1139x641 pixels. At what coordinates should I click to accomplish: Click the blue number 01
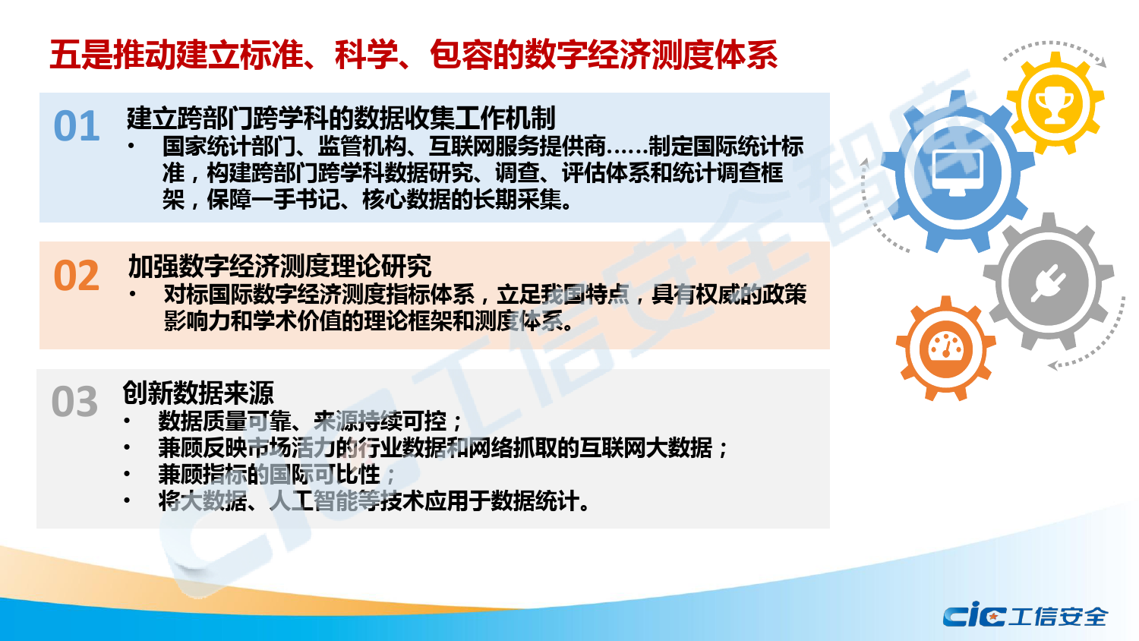76,126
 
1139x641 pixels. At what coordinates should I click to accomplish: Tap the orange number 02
76,276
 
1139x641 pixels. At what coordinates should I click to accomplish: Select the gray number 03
74,402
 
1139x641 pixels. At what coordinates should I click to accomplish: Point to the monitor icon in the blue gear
958,174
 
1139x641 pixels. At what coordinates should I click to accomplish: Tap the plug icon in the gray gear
1049,283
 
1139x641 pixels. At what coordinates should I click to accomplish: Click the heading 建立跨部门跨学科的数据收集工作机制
341,118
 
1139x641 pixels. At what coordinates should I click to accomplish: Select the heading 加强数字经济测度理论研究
279,266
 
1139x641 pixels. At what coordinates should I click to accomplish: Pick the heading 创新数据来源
198,393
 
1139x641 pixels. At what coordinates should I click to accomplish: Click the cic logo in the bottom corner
974,615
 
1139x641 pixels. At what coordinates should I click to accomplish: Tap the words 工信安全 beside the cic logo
1058,616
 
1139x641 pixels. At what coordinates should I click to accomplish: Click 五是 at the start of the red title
81,55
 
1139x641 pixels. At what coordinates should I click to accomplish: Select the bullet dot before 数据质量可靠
127,422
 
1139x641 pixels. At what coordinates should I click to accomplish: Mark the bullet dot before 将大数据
127,500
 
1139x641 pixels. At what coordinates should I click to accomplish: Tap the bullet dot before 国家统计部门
131,147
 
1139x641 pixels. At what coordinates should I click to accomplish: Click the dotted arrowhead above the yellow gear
1101,63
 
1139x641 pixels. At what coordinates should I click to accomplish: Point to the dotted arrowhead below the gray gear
1053,365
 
